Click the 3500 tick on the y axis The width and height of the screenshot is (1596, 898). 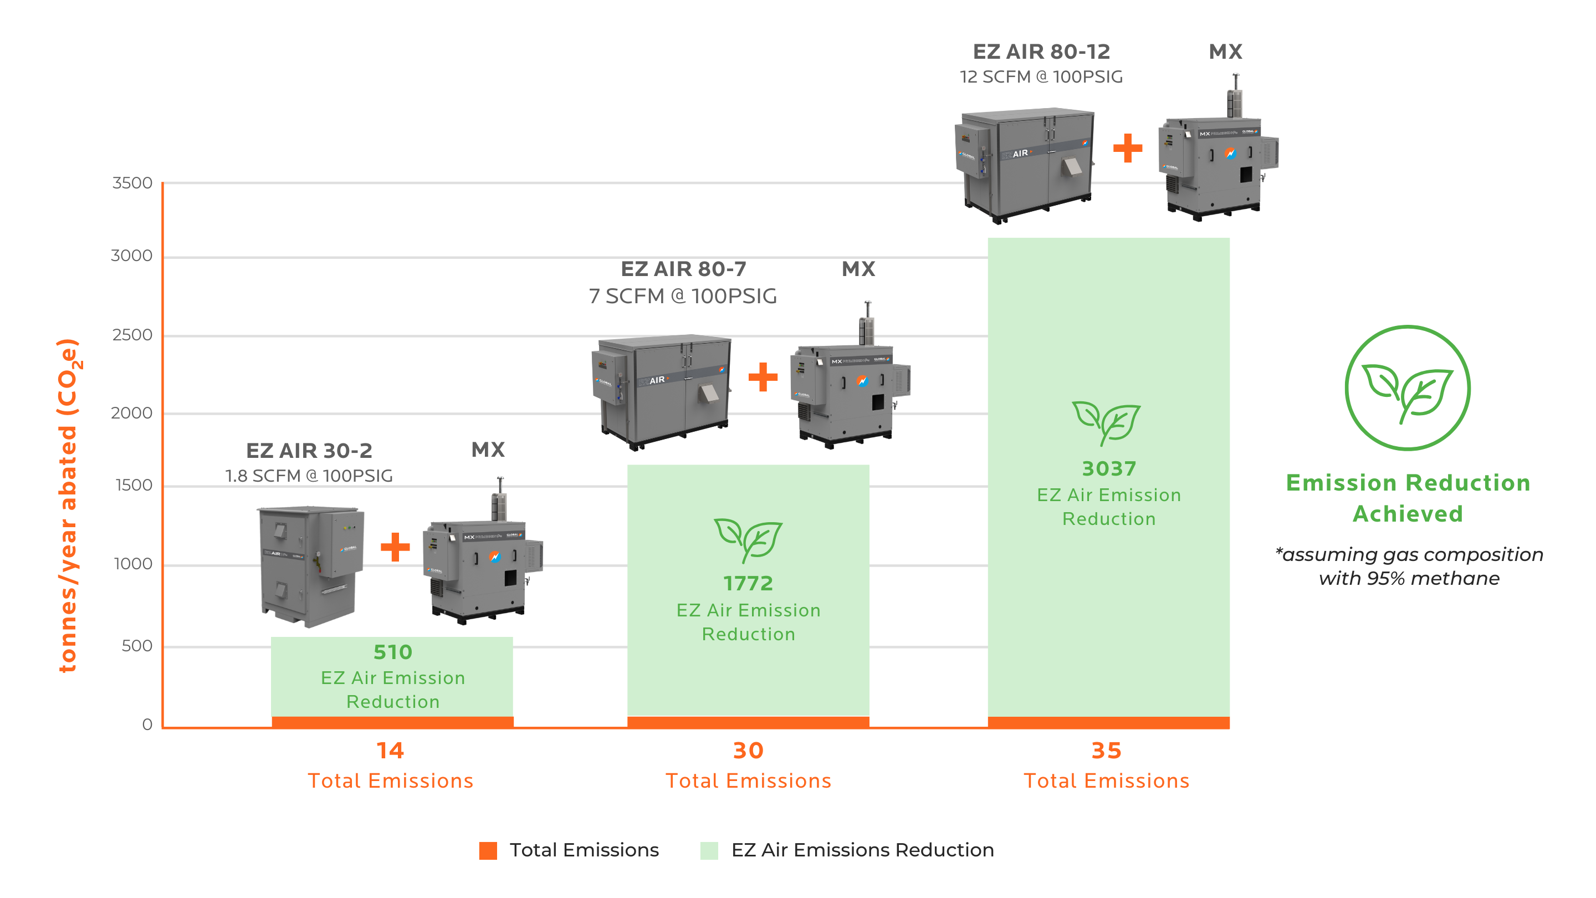[132, 183]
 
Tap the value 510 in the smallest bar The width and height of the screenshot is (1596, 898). [392, 652]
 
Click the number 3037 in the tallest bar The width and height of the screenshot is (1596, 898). [1108, 468]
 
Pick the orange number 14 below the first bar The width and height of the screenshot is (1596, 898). [390, 751]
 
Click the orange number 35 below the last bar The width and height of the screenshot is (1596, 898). [1106, 751]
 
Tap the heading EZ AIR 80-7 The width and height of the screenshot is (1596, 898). [683, 269]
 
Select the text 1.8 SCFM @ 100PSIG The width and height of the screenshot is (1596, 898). [309, 476]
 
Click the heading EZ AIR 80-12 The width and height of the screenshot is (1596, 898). [1041, 52]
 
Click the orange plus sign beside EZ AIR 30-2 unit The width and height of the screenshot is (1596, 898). [395, 547]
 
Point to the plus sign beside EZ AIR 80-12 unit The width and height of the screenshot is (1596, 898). [1127, 148]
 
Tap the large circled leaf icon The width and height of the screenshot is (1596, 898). [1407, 388]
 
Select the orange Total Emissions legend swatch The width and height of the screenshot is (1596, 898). [488, 850]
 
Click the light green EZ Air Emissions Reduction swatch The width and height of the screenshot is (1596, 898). [709, 850]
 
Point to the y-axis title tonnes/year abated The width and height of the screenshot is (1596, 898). [68, 505]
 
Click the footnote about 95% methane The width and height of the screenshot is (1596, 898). [1408, 566]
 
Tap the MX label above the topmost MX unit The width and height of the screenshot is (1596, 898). [1225, 52]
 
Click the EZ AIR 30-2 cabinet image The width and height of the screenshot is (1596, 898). [310, 565]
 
